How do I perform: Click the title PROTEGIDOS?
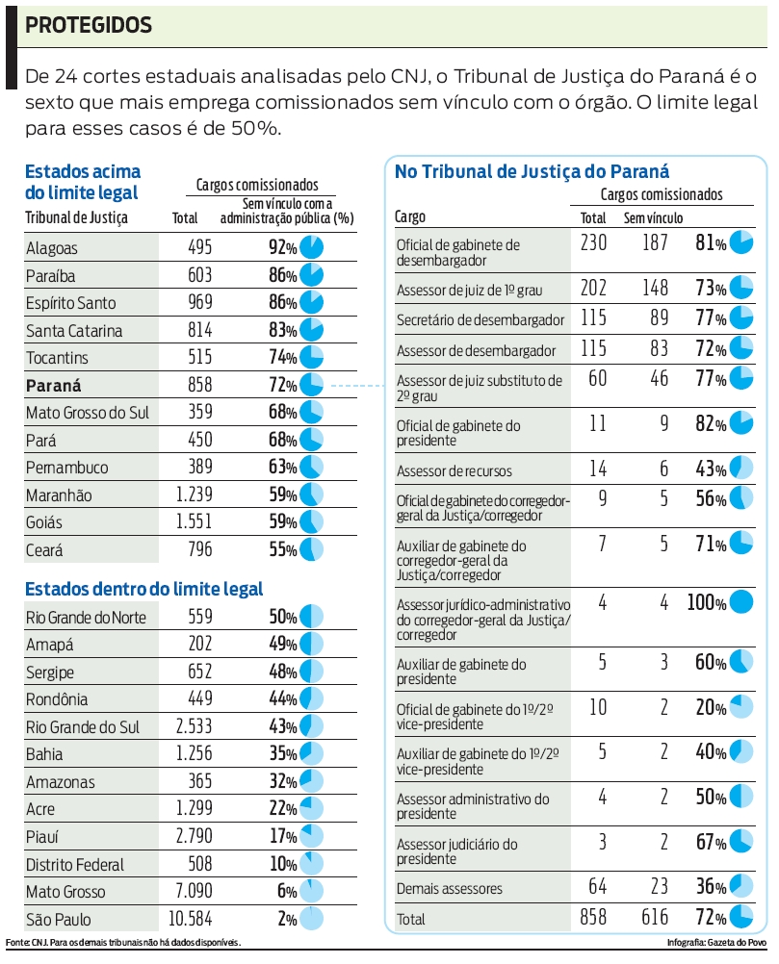pyautogui.click(x=89, y=26)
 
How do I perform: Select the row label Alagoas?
pyautogui.click(x=52, y=248)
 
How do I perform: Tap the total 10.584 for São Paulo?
pyautogui.click(x=186, y=919)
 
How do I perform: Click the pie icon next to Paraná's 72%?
pyautogui.click(x=311, y=386)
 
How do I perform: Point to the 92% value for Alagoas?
pyautogui.click(x=282, y=247)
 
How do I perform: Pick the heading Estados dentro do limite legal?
pyautogui.click(x=143, y=589)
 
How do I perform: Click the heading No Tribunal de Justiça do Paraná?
pyautogui.click(x=532, y=171)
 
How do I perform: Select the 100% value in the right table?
pyautogui.click(x=706, y=603)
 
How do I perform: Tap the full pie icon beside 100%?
pyautogui.click(x=740, y=603)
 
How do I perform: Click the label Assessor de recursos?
pyautogui.click(x=454, y=471)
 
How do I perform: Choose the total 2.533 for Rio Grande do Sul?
pyautogui.click(x=187, y=726)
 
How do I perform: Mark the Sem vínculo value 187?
pyautogui.click(x=655, y=243)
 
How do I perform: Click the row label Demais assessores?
pyautogui.click(x=450, y=889)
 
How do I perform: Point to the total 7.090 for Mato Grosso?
pyautogui.click(x=189, y=891)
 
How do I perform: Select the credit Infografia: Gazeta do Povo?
pyautogui.click(x=715, y=941)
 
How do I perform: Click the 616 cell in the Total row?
pyautogui.click(x=655, y=918)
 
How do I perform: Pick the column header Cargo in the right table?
pyautogui.click(x=411, y=217)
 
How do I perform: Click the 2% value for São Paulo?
pyautogui.click(x=287, y=919)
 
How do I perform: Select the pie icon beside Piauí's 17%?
pyautogui.click(x=311, y=836)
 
